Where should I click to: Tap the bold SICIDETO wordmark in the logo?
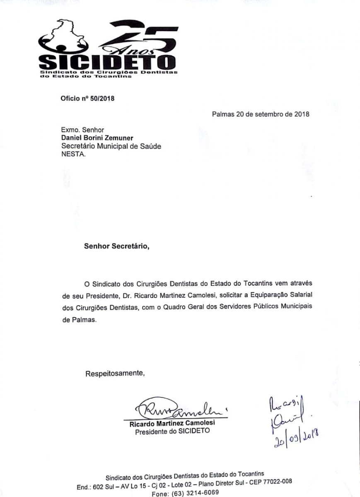(x=107, y=63)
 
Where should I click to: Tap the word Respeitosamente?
(x=115, y=373)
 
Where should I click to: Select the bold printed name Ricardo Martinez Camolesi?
(x=172, y=424)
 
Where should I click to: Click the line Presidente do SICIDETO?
(x=172, y=432)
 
